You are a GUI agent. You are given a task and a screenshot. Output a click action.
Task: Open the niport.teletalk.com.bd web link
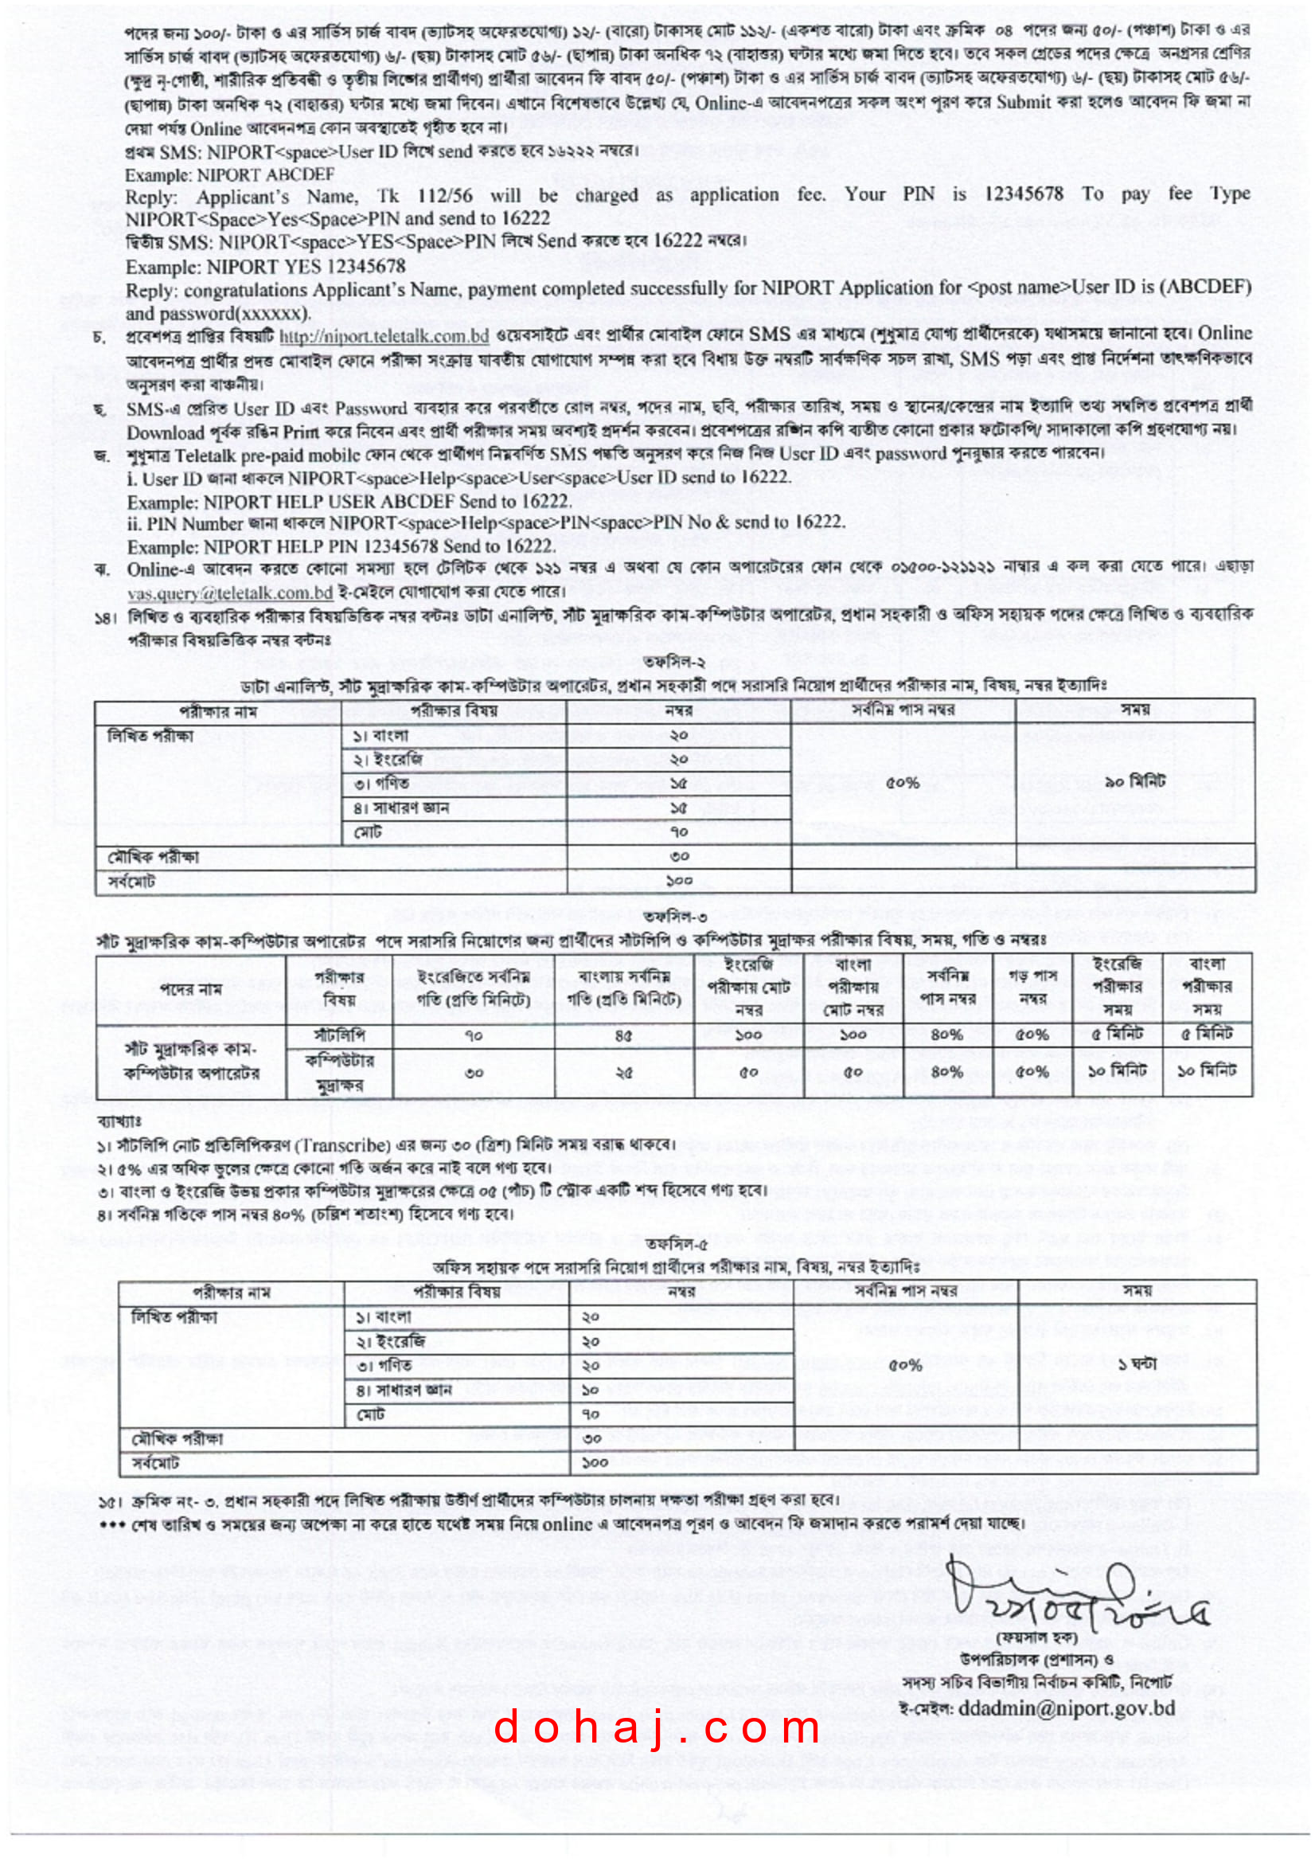click(x=384, y=337)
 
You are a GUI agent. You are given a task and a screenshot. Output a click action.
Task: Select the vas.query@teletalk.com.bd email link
click(x=230, y=592)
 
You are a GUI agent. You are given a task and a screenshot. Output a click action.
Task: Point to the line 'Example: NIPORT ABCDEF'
click(x=229, y=174)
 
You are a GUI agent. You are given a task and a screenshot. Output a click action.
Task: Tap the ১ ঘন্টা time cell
click(x=1137, y=1364)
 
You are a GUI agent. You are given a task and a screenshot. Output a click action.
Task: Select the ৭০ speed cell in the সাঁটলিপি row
click(x=474, y=1035)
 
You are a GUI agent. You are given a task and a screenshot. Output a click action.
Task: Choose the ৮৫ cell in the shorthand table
click(x=624, y=1035)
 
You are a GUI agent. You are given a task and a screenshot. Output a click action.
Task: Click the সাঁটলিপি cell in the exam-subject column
click(x=339, y=1035)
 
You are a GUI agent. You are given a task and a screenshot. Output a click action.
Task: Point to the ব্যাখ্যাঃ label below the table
click(x=119, y=1121)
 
